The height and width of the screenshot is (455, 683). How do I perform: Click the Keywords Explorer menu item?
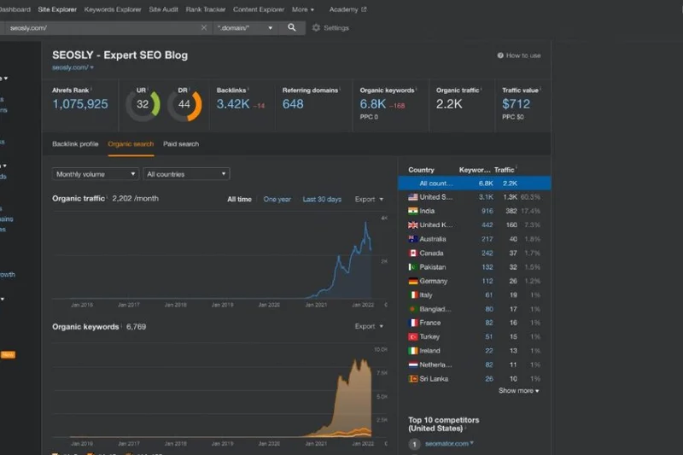coord(112,9)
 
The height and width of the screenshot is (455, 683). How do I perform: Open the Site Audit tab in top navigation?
coord(164,9)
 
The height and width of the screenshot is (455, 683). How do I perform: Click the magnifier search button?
coord(291,27)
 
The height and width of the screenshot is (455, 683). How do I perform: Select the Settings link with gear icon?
coord(330,28)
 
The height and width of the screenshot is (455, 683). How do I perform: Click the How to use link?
coord(519,55)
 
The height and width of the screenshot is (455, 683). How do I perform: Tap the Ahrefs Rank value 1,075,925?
coord(80,104)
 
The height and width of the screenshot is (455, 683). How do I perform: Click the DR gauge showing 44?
coord(184,105)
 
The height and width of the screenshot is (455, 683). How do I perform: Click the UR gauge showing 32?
coord(143,105)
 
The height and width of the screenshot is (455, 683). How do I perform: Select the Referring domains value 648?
coord(293,104)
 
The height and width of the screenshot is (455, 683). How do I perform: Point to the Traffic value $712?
coord(516,104)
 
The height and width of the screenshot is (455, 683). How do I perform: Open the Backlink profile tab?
coord(75,144)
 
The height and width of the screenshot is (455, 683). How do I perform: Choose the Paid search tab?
coord(181,144)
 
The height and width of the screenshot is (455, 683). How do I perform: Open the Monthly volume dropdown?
coord(95,174)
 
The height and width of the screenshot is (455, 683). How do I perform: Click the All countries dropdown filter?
coord(186,174)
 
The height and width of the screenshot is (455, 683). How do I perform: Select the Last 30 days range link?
coord(322,199)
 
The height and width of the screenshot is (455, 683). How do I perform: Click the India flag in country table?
coord(413,211)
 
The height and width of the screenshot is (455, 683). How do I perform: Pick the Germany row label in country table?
coord(433,281)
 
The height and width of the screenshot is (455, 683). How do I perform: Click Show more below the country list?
coord(518,391)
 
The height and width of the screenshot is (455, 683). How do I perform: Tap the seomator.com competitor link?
coord(448,443)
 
